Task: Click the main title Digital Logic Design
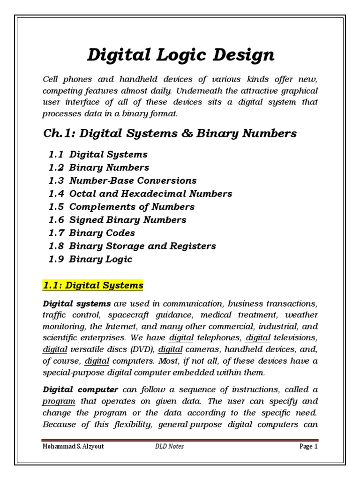pyautogui.click(x=180, y=55)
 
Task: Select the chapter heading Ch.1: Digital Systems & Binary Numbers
pyautogui.click(x=169, y=134)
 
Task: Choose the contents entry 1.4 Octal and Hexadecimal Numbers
pyautogui.click(x=140, y=194)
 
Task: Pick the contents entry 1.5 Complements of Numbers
pyautogui.click(x=121, y=207)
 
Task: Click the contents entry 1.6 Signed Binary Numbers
pyautogui.click(x=117, y=220)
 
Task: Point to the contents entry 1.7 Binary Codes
pyautogui.click(x=91, y=233)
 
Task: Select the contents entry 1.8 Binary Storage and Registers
pyautogui.click(x=132, y=246)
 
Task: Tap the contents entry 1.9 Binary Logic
pyautogui.click(x=90, y=259)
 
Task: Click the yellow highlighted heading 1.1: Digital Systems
pyautogui.click(x=93, y=285)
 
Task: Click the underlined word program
pyautogui.click(x=59, y=401)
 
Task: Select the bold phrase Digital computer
pyautogui.click(x=80, y=390)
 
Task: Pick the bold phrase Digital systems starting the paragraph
pyautogui.click(x=77, y=304)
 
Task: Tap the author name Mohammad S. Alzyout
pyautogui.click(x=73, y=446)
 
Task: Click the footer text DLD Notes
pyautogui.click(x=169, y=446)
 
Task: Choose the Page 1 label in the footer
pyautogui.click(x=308, y=446)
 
